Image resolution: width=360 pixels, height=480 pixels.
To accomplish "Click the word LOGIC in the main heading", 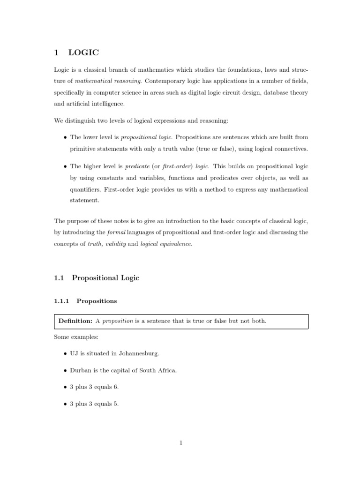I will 83,52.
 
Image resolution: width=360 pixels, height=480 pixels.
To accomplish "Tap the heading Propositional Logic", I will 105,278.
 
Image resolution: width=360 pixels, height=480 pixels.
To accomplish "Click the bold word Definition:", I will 75,321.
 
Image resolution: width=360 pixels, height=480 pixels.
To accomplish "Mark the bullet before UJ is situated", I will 64,353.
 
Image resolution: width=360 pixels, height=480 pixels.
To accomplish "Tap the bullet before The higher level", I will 64,166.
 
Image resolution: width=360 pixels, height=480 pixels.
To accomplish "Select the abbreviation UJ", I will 74,353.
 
